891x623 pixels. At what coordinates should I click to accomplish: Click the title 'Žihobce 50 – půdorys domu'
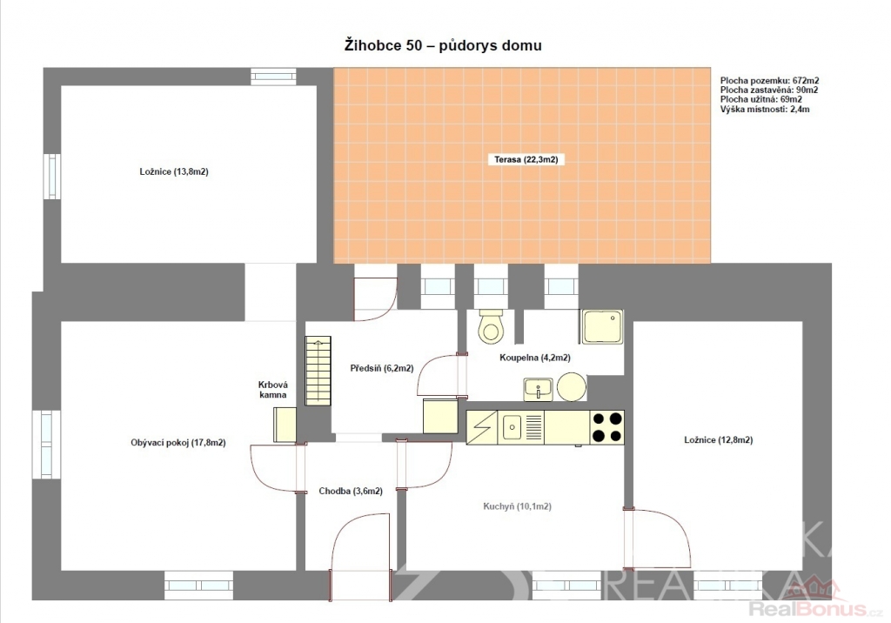(443, 45)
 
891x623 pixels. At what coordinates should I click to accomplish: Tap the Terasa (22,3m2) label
(526, 160)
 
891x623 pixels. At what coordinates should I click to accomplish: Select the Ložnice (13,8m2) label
(174, 171)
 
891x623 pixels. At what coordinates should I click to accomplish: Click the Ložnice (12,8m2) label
(718, 440)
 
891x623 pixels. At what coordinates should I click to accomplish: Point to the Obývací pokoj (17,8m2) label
(178, 443)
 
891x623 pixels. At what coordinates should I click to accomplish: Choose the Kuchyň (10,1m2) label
(517, 506)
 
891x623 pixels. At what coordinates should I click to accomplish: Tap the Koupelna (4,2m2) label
(535, 358)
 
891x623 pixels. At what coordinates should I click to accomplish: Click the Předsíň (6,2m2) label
(381, 368)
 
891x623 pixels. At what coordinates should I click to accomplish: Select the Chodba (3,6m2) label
(351, 491)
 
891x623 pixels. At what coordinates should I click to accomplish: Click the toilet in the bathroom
(491, 326)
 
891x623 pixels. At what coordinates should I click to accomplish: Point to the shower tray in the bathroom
(602, 327)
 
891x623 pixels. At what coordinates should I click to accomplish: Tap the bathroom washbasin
(538, 390)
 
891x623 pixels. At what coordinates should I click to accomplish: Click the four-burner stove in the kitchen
(606, 427)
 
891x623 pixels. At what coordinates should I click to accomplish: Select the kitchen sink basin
(512, 427)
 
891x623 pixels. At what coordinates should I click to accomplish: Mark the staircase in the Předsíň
(318, 371)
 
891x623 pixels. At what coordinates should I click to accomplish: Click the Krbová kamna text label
(272, 390)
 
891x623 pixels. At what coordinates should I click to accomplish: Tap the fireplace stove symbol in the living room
(285, 425)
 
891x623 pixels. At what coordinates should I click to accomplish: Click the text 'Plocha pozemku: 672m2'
(769, 81)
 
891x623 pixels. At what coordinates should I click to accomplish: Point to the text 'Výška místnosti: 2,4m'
(765, 109)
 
